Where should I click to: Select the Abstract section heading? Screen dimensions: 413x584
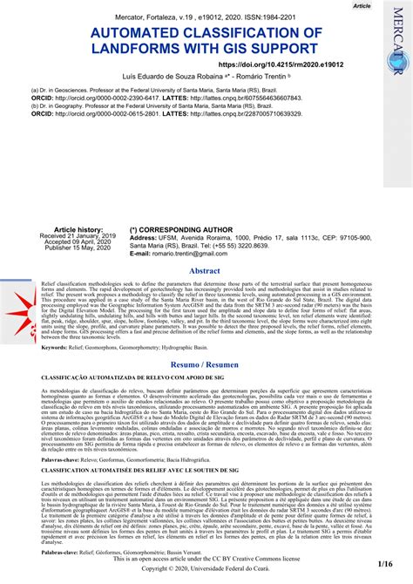[206, 271]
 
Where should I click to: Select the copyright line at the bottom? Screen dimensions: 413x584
[206, 567]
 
